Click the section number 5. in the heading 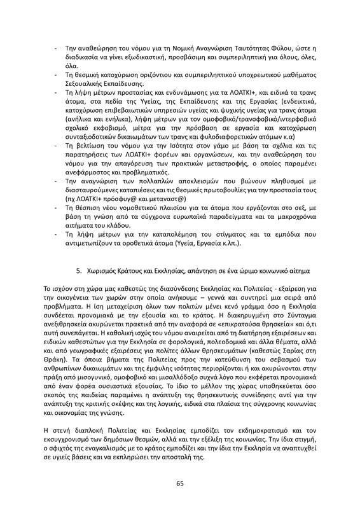click(80, 271)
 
